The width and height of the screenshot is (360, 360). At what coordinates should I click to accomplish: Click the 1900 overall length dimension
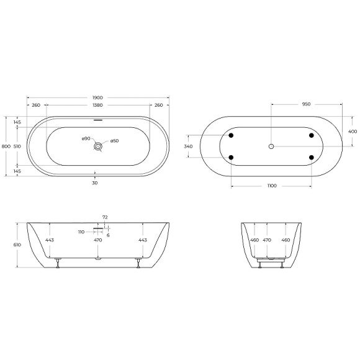pyautogui.click(x=97, y=97)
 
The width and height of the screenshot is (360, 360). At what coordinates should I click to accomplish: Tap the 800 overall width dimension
pyautogui.click(x=6, y=146)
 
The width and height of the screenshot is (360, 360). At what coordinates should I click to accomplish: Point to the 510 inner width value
pyautogui.click(x=17, y=146)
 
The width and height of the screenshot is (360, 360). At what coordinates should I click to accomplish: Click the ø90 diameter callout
pyautogui.click(x=86, y=138)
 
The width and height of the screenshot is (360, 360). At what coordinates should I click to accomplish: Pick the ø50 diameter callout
pyautogui.click(x=114, y=142)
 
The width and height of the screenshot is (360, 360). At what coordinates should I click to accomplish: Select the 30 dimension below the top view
pyautogui.click(x=95, y=182)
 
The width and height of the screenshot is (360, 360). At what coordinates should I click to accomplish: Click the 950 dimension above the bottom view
pyautogui.click(x=306, y=104)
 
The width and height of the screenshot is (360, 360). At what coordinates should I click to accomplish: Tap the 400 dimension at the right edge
pyautogui.click(x=352, y=131)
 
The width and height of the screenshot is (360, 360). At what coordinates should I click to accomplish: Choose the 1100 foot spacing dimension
pyautogui.click(x=271, y=186)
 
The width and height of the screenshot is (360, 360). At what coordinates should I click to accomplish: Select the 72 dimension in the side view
pyautogui.click(x=105, y=218)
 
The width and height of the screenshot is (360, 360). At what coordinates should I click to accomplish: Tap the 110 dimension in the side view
pyautogui.click(x=81, y=232)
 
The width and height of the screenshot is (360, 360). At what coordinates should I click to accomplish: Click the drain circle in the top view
pyautogui.click(x=97, y=146)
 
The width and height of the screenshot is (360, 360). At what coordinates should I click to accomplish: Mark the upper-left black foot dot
pyautogui.click(x=231, y=136)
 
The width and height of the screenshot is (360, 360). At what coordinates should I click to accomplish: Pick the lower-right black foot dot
pyautogui.click(x=310, y=158)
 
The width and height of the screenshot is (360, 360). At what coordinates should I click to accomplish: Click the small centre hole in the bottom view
pyautogui.click(x=271, y=146)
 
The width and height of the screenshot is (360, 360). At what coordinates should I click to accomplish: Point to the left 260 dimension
pyautogui.click(x=35, y=105)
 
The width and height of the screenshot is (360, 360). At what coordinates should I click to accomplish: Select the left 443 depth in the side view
pyautogui.click(x=49, y=240)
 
